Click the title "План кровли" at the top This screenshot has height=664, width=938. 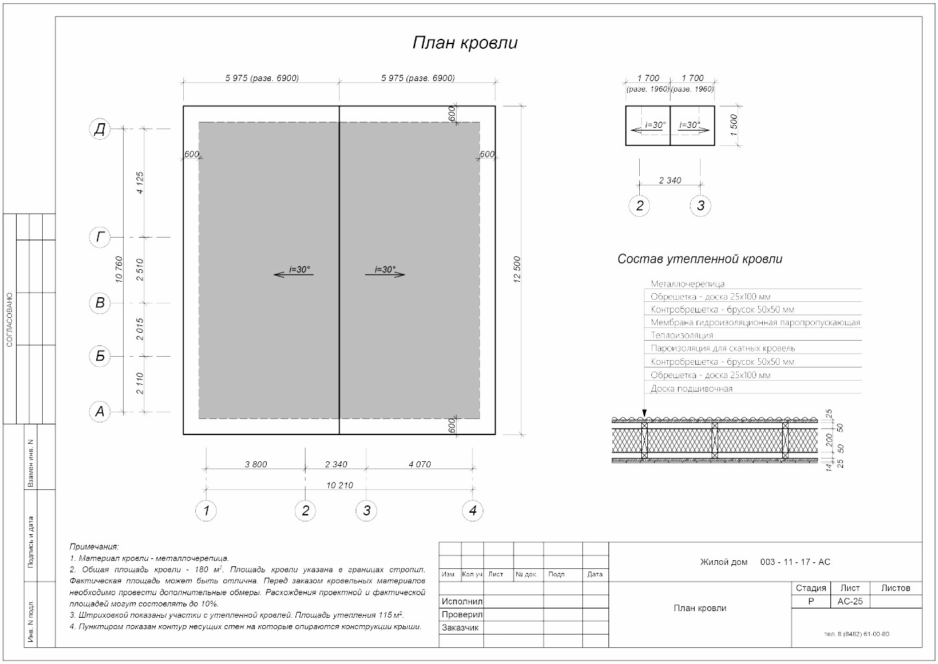point(465,43)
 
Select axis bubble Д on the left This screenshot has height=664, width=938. point(100,129)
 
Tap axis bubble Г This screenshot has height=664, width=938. point(100,237)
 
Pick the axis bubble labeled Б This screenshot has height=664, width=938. point(100,356)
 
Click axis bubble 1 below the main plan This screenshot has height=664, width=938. point(206,511)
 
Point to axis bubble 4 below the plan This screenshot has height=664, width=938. point(473,511)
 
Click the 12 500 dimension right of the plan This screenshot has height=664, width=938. point(517,270)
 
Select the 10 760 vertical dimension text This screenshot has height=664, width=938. point(119,270)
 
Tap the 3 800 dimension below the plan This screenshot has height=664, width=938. point(256,464)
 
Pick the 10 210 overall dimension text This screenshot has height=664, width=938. point(340,485)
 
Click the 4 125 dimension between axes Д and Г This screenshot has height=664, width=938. point(140,183)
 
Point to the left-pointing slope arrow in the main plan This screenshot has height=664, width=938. point(294,274)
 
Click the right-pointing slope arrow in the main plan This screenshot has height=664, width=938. point(385,274)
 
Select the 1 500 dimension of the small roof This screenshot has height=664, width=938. point(733,125)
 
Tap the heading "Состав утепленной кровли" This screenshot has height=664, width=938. point(700,259)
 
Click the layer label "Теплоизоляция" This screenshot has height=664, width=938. point(682,335)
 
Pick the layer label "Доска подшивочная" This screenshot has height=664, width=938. point(691,389)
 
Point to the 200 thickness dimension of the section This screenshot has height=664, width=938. point(829,440)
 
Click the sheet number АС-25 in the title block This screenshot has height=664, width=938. point(850,602)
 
